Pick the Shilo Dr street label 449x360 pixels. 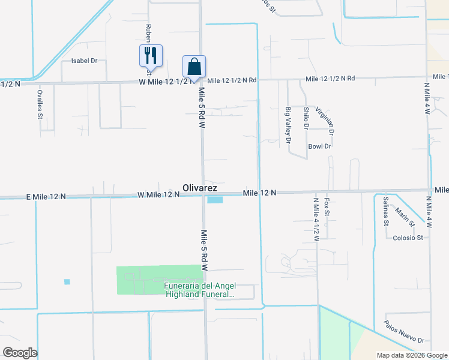click(x=306, y=118)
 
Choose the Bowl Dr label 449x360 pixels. click(x=319, y=146)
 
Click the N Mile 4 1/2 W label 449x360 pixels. click(x=316, y=220)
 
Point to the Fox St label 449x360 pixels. click(x=327, y=208)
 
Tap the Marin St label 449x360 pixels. click(x=405, y=215)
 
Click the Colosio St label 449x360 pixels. click(x=408, y=238)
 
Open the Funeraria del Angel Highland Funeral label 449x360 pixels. click(x=199, y=290)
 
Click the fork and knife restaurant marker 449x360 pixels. click(x=149, y=56)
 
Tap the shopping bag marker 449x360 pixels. click(x=194, y=66)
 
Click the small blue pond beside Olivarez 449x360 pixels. click(x=214, y=200)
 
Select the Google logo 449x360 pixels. click(x=20, y=353)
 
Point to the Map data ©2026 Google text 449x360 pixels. click(x=411, y=355)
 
